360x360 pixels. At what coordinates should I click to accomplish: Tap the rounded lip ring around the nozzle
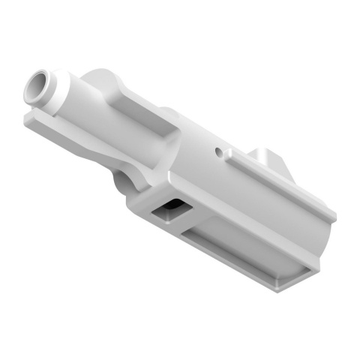coord(44,91)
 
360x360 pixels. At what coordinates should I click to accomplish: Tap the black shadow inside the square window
coord(174,207)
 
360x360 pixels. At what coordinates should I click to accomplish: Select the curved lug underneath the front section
coord(124,180)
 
